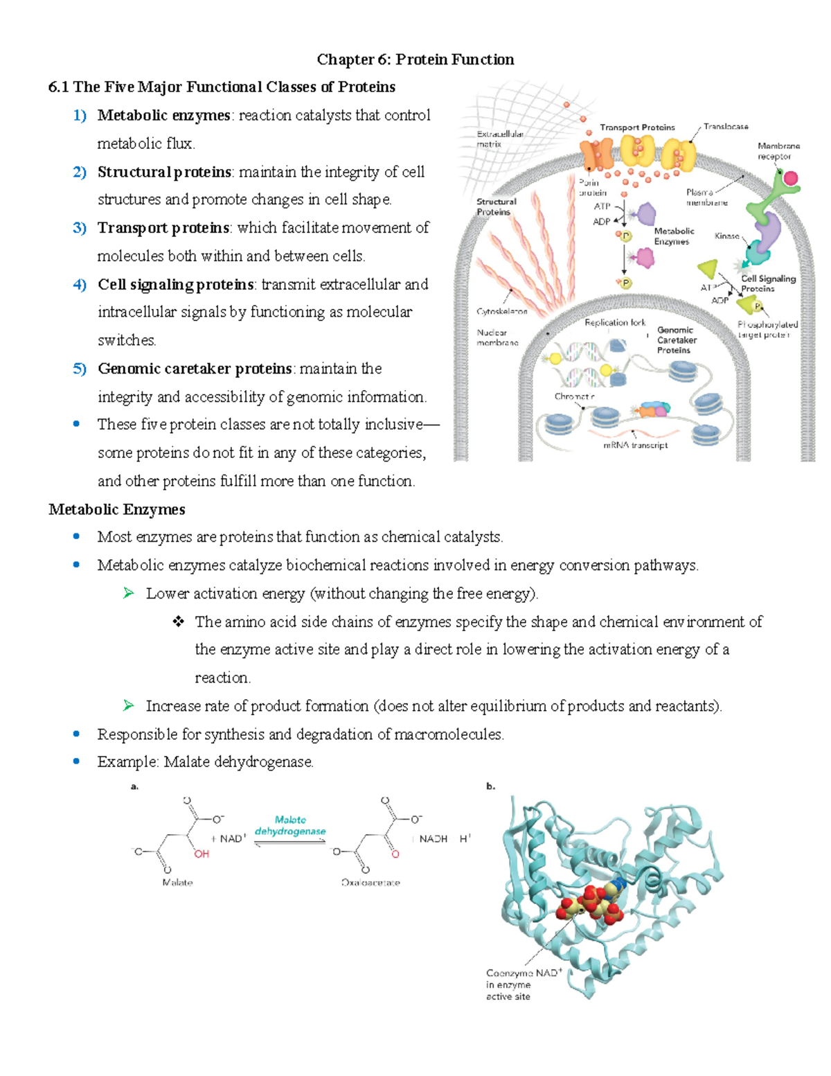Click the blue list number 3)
click(80, 228)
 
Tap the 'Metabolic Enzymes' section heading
click(116, 510)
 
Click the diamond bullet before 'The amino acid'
click(179, 622)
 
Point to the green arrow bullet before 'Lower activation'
click(128, 593)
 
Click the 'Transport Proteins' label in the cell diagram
click(637, 127)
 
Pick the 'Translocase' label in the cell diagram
click(726, 127)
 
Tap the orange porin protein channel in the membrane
click(596, 154)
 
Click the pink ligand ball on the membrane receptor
click(791, 179)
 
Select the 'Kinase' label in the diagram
click(726, 236)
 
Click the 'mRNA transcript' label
click(635, 446)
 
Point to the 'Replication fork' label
click(614, 323)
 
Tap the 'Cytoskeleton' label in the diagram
click(501, 312)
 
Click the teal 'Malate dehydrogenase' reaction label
click(290, 826)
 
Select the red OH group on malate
click(202, 854)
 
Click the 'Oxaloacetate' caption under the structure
click(370, 883)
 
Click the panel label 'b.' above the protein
click(490, 786)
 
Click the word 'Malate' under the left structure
click(177, 883)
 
